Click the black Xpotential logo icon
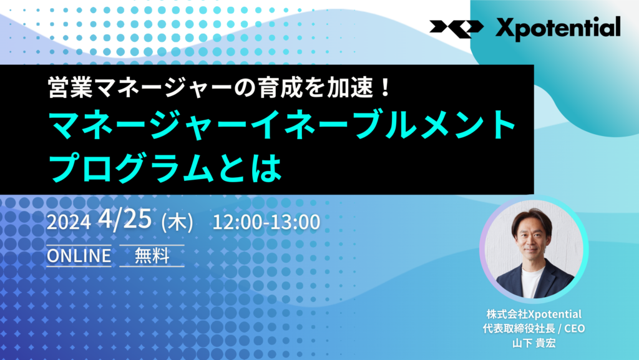click(x=456, y=29)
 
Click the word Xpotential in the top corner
click(x=558, y=29)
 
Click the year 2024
click(x=69, y=222)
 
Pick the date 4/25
click(x=125, y=219)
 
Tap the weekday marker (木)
click(x=177, y=223)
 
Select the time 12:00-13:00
click(x=266, y=222)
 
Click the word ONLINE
click(x=79, y=256)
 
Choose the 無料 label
click(x=152, y=256)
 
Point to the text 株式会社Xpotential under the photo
click(x=534, y=314)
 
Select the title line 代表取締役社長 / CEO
click(x=534, y=328)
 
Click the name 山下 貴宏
click(x=534, y=343)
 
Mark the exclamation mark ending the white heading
click(x=384, y=87)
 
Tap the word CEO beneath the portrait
click(x=575, y=328)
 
